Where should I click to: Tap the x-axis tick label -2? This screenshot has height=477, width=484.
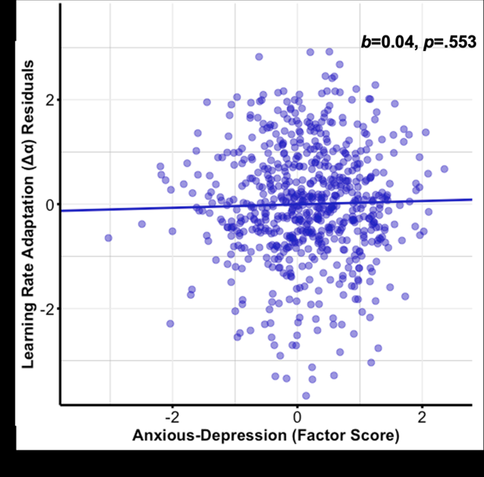click(x=172, y=418)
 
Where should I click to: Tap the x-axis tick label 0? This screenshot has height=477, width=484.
click(x=297, y=418)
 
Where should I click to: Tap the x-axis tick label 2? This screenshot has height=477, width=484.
click(x=422, y=418)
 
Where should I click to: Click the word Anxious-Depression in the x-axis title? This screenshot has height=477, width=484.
click(x=209, y=436)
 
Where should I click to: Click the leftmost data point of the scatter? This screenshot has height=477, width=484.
click(x=109, y=238)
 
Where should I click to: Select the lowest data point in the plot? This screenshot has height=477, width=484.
click(x=306, y=396)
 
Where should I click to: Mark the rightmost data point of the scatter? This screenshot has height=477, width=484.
click(x=444, y=169)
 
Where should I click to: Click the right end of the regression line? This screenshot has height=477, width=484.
click(x=471, y=199)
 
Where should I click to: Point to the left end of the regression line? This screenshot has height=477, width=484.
click(x=62, y=211)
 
